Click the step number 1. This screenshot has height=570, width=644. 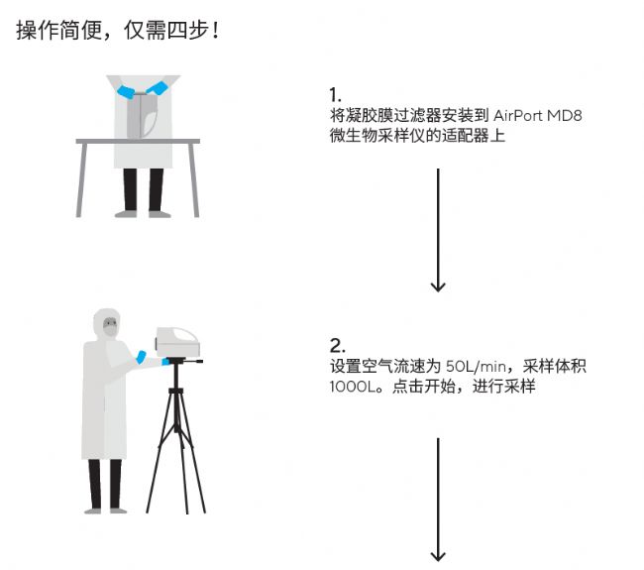pyautogui.click(x=335, y=95)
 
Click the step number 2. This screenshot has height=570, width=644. pyautogui.click(x=337, y=346)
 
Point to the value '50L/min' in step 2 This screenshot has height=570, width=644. pyautogui.click(x=476, y=366)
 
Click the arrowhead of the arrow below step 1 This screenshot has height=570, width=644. pyautogui.click(x=438, y=286)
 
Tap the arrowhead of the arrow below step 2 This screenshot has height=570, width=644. pyautogui.click(x=438, y=556)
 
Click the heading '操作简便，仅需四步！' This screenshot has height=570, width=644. pyautogui.click(x=118, y=30)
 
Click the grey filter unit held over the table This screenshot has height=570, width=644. pyautogui.click(x=142, y=116)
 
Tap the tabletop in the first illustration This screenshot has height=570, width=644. pyautogui.click(x=138, y=142)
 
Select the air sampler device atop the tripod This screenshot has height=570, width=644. pyautogui.click(x=177, y=342)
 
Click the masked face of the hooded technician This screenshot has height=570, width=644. pyautogui.click(x=110, y=326)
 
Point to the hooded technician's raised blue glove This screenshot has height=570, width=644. pyautogui.click(x=141, y=357)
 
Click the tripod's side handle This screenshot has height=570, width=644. pyautogui.click(x=193, y=362)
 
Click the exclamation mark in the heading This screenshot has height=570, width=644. pyautogui.click(x=216, y=31)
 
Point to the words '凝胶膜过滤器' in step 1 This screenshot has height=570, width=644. pyautogui.click(x=377, y=116)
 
